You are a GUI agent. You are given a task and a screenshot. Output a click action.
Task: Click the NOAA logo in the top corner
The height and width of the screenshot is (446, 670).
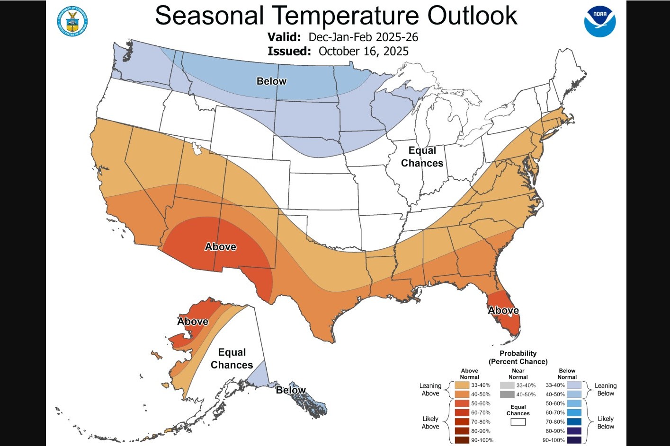point(599,22)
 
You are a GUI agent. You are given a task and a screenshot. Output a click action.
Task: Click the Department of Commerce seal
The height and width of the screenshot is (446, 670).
point(72,21)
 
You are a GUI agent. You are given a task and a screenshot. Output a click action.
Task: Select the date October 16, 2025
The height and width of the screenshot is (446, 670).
point(363,52)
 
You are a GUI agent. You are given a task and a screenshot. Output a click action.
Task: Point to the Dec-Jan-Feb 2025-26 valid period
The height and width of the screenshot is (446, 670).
point(363,37)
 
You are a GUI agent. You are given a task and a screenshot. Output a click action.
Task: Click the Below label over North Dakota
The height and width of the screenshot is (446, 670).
point(271,81)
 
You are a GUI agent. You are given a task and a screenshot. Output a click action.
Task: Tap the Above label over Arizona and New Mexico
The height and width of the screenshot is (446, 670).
point(220,247)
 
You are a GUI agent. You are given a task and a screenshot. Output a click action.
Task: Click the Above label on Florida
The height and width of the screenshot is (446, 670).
point(503,311)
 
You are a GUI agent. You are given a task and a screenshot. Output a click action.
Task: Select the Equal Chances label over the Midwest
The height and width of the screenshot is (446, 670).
point(422,157)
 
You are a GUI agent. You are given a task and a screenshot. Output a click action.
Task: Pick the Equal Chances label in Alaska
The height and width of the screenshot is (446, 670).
point(232,359)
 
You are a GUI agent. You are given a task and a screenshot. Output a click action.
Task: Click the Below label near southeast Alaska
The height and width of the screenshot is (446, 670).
point(291,390)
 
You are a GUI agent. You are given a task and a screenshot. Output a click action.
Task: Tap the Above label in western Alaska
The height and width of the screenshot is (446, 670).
point(193,322)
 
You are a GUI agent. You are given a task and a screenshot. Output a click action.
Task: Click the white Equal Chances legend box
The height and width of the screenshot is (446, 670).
point(518,422)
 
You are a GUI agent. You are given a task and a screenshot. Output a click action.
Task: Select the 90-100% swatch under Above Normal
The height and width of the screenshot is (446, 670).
point(462,440)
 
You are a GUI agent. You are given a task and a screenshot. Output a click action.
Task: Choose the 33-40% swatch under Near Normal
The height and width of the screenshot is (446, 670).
point(507,385)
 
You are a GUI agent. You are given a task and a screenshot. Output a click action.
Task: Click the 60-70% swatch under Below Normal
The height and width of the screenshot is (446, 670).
point(574,413)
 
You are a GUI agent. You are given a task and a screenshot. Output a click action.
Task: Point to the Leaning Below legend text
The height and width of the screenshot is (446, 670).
point(606,390)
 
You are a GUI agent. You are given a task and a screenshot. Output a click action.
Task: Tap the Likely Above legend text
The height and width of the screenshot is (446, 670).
point(430,422)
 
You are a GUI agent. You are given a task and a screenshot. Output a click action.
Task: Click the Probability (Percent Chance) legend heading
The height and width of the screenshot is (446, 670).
point(518,358)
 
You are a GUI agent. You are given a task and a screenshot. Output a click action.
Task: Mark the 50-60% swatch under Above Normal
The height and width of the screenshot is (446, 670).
point(462,403)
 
